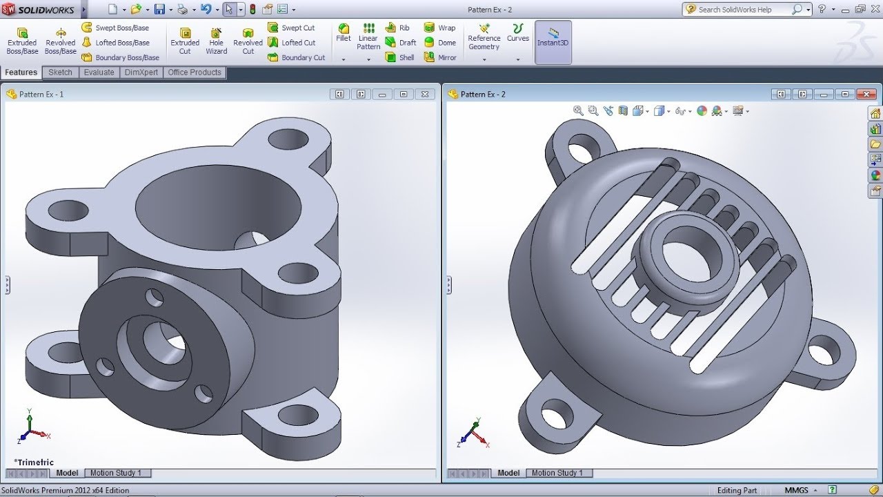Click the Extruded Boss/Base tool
(x=22, y=41)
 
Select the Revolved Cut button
(x=248, y=41)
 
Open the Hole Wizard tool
(x=216, y=41)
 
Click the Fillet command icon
(x=344, y=33)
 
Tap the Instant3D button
(x=553, y=38)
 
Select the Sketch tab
(x=60, y=72)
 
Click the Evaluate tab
(x=99, y=72)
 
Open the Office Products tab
(x=195, y=72)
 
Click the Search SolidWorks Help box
(x=742, y=10)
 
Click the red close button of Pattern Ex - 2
(x=865, y=94)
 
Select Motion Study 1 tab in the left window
(x=116, y=473)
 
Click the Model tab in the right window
(x=508, y=473)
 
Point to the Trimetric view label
(x=34, y=462)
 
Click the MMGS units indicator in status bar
(x=796, y=490)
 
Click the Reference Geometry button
(x=484, y=38)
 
